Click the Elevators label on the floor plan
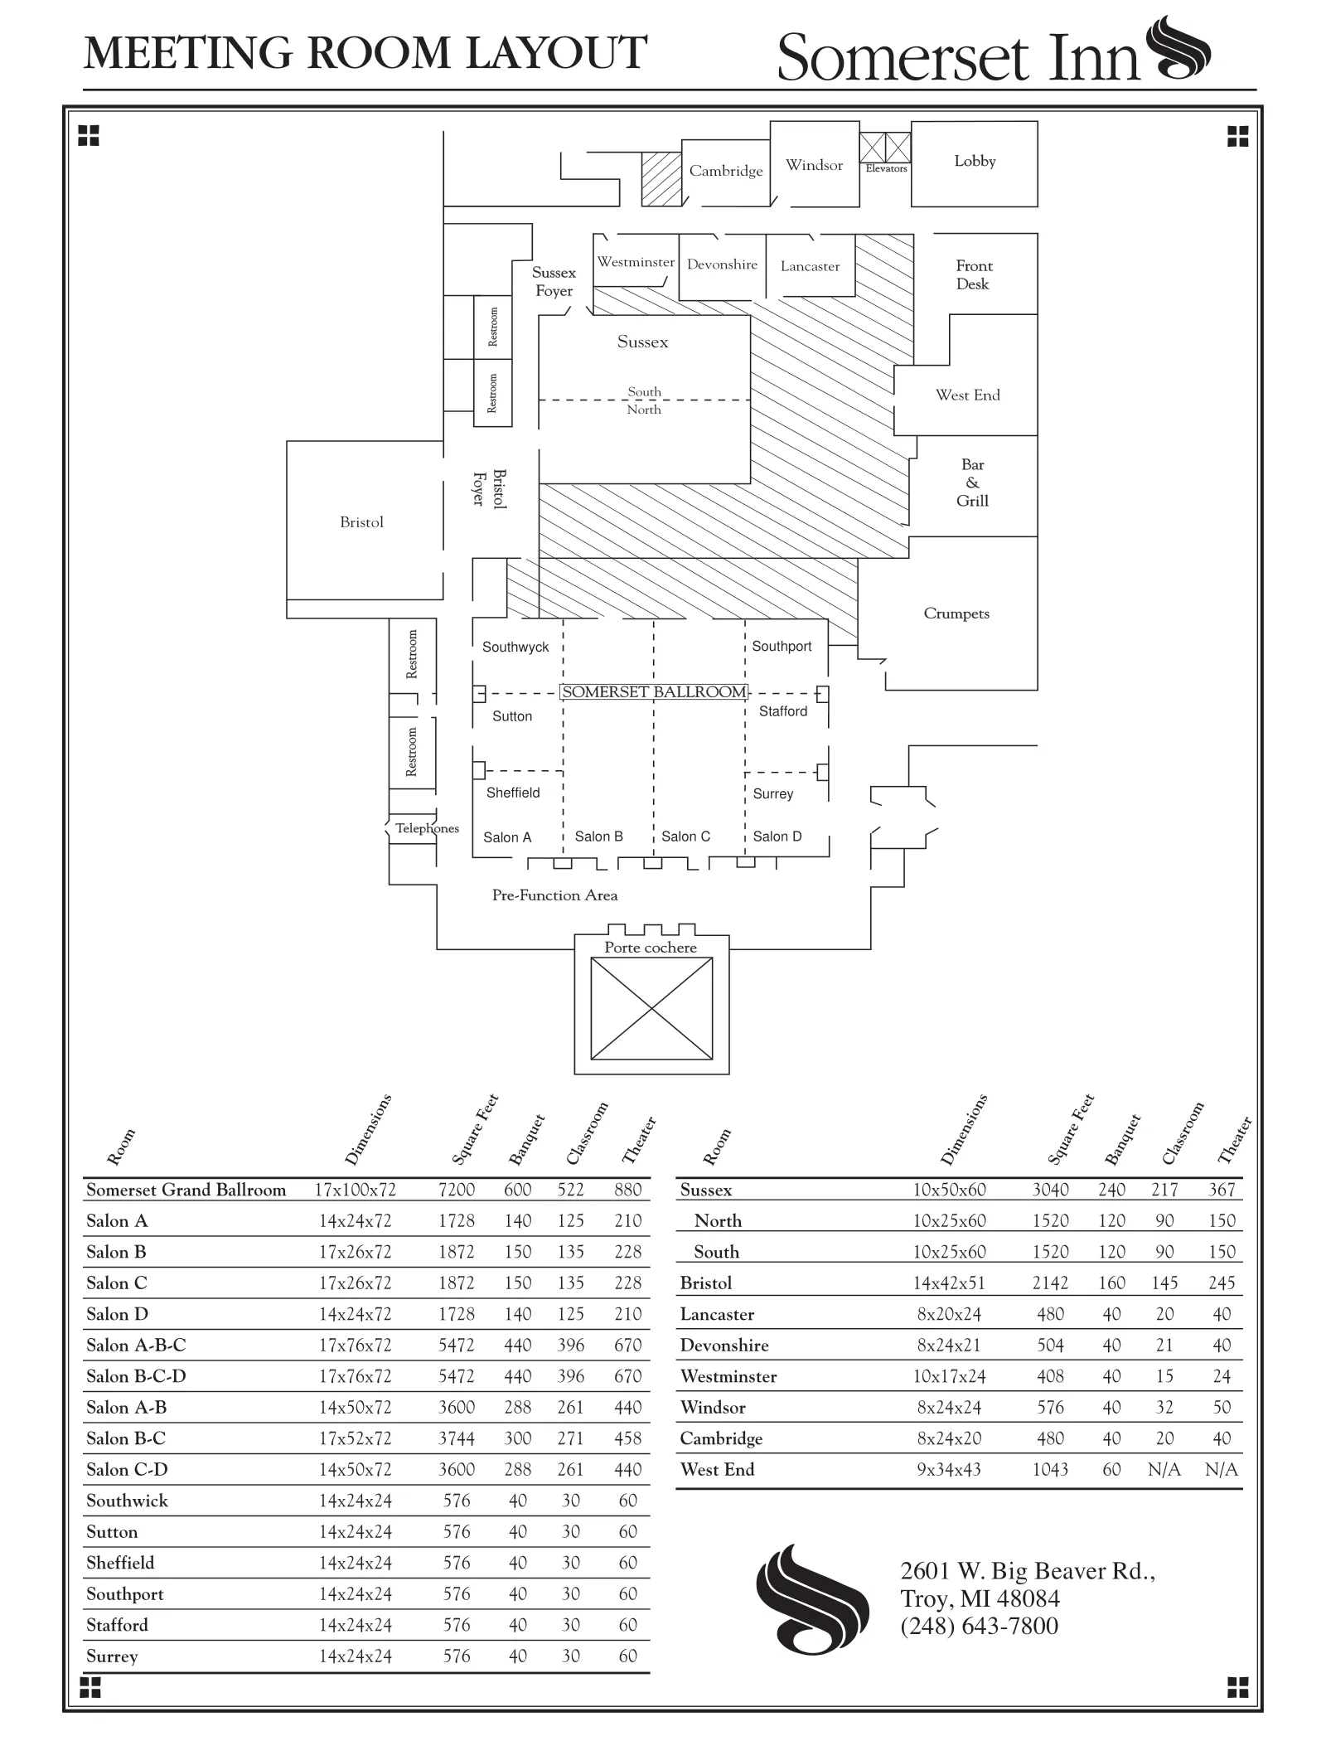tap(886, 168)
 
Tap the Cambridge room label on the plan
tap(726, 171)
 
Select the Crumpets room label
tap(956, 613)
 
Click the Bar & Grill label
tap(972, 483)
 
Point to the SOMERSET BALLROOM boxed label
tap(654, 692)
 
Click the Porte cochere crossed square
tap(651, 1008)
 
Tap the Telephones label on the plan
tap(427, 828)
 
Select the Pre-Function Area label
tap(554, 895)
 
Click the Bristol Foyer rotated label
tap(489, 488)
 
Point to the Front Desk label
tap(973, 275)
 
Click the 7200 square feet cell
tap(457, 1190)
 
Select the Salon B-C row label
tap(126, 1438)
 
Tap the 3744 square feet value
tap(457, 1438)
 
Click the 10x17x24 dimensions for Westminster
tap(950, 1376)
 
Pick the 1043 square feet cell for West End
tap(1050, 1470)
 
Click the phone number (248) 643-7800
tap(979, 1626)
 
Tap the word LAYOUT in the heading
tap(556, 53)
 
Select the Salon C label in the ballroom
tap(685, 837)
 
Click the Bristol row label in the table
tap(706, 1283)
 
